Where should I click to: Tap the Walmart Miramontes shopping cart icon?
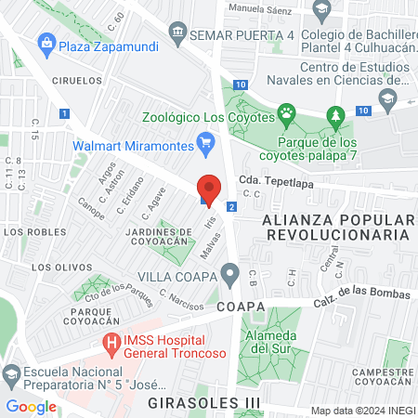click(x=207, y=142)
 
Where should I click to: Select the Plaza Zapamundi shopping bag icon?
click(x=44, y=43)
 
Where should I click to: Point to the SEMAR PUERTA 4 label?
click(x=242, y=34)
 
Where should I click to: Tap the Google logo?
click(x=31, y=406)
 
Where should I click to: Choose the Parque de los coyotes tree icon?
click(x=335, y=116)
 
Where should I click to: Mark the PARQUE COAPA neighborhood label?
click(x=90, y=317)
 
